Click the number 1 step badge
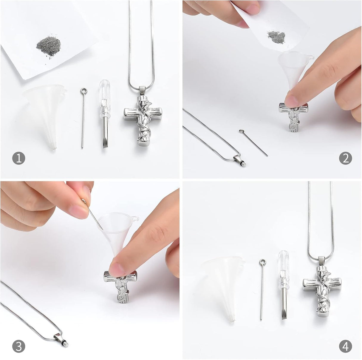click(x=19, y=158)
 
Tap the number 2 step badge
click(x=346, y=158)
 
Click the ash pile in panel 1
click(x=49, y=46)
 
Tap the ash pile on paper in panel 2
click(x=276, y=37)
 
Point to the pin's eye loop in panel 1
click(x=83, y=91)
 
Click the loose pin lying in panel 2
click(x=253, y=142)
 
